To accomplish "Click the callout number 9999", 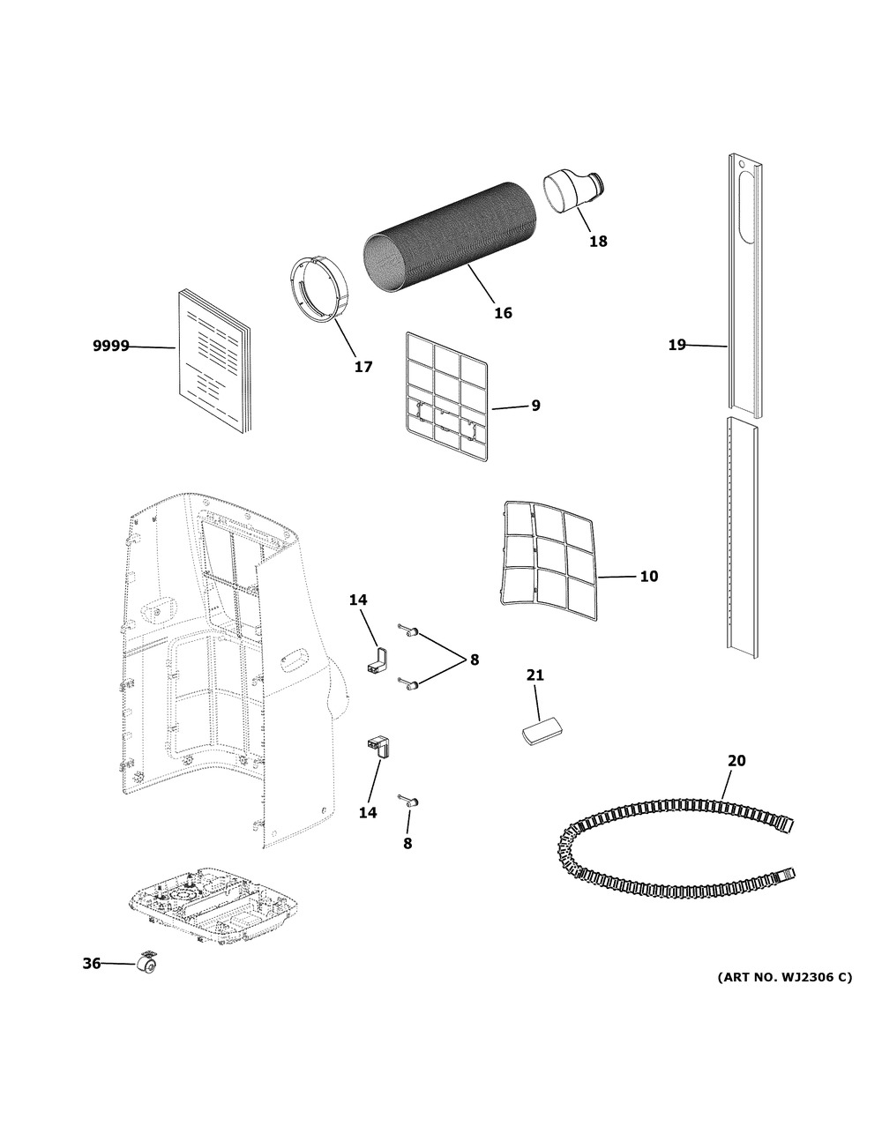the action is pyautogui.click(x=111, y=346).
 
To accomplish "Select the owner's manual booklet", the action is pyautogui.click(x=214, y=362).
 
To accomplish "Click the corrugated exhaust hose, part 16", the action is pyautogui.click(x=451, y=237).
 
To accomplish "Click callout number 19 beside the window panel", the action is pyautogui.click(x=676, y=345).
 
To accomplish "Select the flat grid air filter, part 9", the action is pyautogui.click(x=447, y=397).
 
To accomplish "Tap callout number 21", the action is pyautogui.click(x=535, y=675).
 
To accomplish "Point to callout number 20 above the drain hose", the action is pyautogui.click(x=736, y=760).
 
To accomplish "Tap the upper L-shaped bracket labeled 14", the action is pyautogui.click(x=377, y=660).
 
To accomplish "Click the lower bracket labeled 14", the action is pyautogui.click(x=378, y=747).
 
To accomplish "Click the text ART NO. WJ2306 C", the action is pyautogui.click(x=785, y=977).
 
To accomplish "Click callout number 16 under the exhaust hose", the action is pyautogui.click(x=503, y=313).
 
